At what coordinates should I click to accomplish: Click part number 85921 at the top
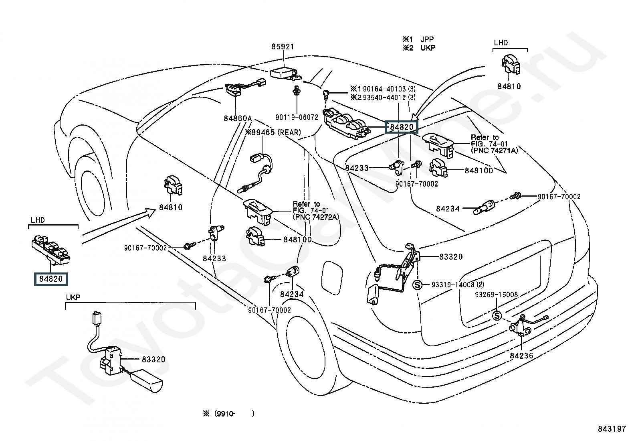[x=283, y=47]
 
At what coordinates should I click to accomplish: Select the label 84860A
[x=238, y=118]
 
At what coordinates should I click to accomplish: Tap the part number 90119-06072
[x=297, y=117]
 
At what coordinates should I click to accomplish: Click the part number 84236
[x=521, y=355]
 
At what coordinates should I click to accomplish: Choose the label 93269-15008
[x=497, y=295]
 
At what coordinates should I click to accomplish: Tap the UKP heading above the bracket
[x=73, y=297]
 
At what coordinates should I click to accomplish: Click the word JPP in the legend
[x=427, y=39]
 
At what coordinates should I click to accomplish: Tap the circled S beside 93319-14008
[x=417, y=285]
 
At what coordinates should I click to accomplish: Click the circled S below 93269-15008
[x=497, y=316]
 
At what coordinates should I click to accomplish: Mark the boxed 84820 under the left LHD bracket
[x=51, y=278]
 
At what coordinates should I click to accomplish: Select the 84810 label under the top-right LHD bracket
[x=509, y=86]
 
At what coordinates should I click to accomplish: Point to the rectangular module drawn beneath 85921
[x=284, y=73]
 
